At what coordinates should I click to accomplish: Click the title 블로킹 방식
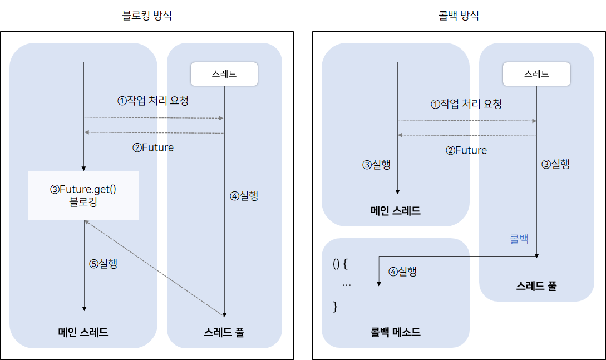[146, 16]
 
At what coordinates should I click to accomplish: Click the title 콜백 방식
[459, 16]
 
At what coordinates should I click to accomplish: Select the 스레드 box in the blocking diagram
[224, 74]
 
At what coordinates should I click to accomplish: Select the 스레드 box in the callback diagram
[536, 74]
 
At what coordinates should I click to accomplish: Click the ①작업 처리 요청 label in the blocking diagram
[152, 101]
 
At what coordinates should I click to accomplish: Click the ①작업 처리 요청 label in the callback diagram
[466, 103]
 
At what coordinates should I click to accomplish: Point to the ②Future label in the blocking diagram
[153, 147]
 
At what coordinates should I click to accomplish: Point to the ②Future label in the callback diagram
[466, 150]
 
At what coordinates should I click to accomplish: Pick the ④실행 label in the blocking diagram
[244, 196]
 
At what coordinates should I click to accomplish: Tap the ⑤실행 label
[104, 264]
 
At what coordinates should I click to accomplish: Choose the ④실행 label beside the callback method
[402, 272]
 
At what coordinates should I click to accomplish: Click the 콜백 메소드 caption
[396, 333]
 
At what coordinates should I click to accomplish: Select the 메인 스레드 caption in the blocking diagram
[83, 333]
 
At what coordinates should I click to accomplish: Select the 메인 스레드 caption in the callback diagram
[396, 211]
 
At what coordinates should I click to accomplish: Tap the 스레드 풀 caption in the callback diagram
[536, 287]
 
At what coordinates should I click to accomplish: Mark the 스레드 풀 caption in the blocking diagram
[224, 333]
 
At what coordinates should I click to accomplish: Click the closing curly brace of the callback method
[335, 306]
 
